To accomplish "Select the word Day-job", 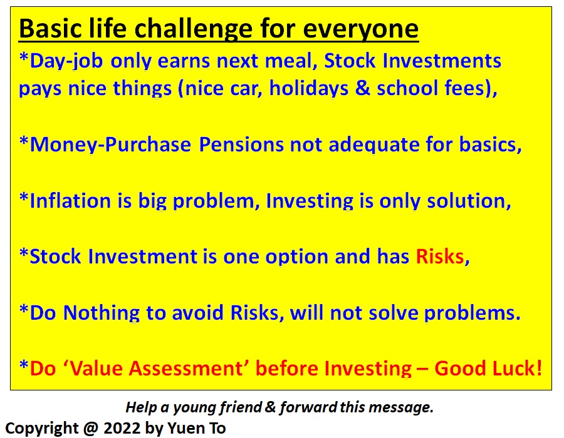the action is (x=66, y=62).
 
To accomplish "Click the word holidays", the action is (x=309, y=88).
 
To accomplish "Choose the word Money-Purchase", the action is (x=110, y=145).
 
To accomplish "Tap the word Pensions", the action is (x=241, y=145).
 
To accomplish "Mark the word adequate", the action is (x=373, y=145).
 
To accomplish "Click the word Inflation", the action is (x=70, y=200).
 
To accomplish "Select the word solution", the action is (x=469, y=201).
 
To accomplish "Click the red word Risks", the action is (x=440, y=257).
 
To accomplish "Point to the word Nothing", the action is (x=101, y=313).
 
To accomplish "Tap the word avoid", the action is (x=197, y=312).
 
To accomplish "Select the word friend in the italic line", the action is (x=241, y=407).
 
